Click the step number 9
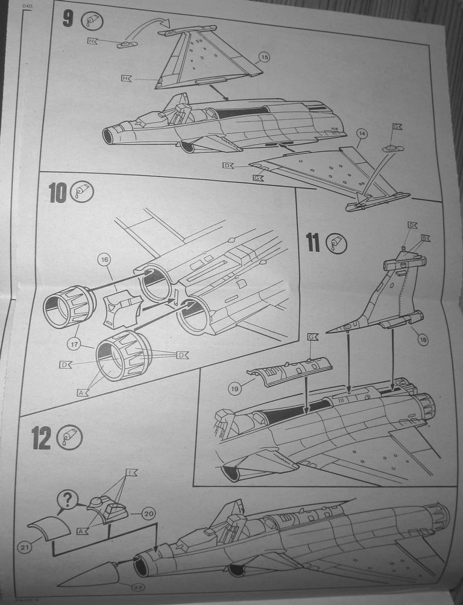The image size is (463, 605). pyautogui.click(x=68, y=19)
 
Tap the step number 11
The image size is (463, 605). pyautogui.click(x=312, y=242)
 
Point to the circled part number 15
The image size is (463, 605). pyautogui.click(x=263, y=58)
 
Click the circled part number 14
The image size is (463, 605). pyautogui.click(x=362, y=134)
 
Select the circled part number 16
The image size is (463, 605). pyautogui.click(x=104, y=260)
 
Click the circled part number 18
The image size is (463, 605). pyautogui.click(x=422, y=340)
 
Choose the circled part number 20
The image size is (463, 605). pyautogui.click(x=148, y=513)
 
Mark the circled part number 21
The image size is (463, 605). pyautogui.click(x=24, y=548)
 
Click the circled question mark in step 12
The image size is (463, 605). pyautogui.click(x=68, y=499)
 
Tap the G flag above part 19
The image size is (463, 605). pyautogui.click(x=312, y=336)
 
